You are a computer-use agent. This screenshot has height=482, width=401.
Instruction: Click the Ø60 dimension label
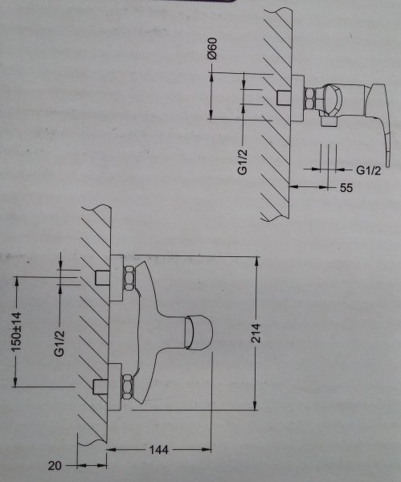212,48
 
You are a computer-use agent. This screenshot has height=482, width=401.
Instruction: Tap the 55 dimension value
346,187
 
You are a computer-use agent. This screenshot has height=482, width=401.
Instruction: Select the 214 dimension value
256,333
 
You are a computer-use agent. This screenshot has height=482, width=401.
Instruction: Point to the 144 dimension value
158,450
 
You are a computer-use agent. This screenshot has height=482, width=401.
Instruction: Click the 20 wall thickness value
55,466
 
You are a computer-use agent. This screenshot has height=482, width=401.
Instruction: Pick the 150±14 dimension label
16,332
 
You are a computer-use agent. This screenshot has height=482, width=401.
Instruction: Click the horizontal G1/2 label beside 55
368,170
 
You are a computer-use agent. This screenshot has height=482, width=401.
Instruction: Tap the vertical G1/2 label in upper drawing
243,161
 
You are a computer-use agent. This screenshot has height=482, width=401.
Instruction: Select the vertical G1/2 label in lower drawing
59,343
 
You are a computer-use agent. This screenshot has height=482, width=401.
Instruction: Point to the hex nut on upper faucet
310,98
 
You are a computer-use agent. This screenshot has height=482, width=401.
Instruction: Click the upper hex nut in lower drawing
129,279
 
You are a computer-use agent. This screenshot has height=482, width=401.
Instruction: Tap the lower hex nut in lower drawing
127,386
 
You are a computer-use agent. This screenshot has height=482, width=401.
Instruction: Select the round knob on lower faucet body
198,333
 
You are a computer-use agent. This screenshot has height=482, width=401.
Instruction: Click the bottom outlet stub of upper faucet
329,121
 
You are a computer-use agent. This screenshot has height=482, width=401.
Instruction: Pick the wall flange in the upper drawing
297,98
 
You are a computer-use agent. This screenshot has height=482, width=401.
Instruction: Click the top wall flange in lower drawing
117,278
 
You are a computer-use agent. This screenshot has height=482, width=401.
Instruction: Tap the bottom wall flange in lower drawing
115,386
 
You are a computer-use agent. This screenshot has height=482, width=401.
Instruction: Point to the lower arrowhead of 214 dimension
255,405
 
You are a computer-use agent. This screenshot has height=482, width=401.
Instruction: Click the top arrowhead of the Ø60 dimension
211,77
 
